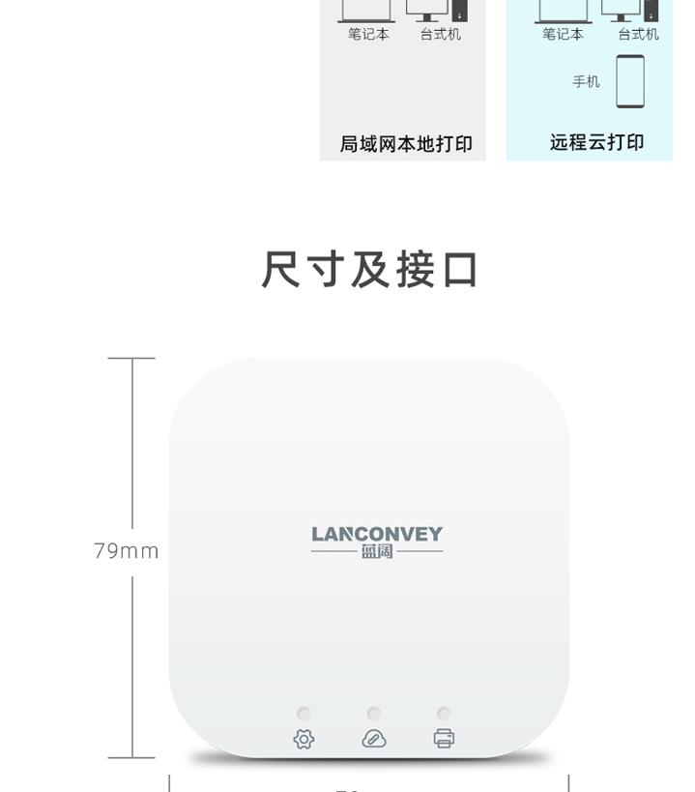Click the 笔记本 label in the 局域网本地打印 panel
[368, 34]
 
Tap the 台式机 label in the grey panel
[441, 34]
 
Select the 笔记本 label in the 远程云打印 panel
[563, 34]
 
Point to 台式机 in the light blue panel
[638, 34]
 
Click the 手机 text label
[586, 81]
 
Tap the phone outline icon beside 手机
[630, 81]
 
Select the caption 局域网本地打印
[406, 144]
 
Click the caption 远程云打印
[596, 143]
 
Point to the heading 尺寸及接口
[370, 270]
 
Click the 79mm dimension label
[127, 551]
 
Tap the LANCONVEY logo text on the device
[377, 534]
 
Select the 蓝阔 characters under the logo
[377, 552]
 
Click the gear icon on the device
[304, 740]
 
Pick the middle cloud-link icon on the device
[374, 740]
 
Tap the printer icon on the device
[444, 740]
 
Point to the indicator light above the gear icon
[304, 714]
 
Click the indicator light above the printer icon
[444, 714]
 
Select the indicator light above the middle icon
[374, 714]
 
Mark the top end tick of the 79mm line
[131, 358]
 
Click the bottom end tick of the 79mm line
[131, 758]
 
